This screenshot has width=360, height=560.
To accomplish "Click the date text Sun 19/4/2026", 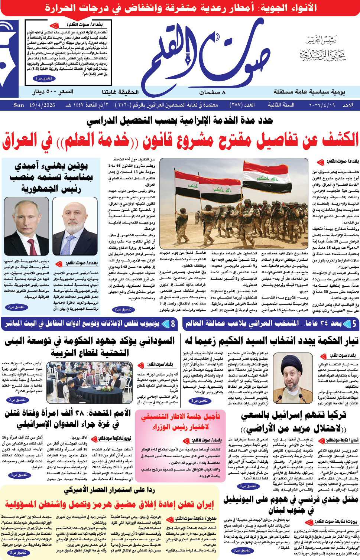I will point(34,105).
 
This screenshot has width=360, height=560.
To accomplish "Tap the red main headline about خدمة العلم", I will point(181,140).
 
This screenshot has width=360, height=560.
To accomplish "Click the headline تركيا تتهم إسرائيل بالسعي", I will point(293,421).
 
